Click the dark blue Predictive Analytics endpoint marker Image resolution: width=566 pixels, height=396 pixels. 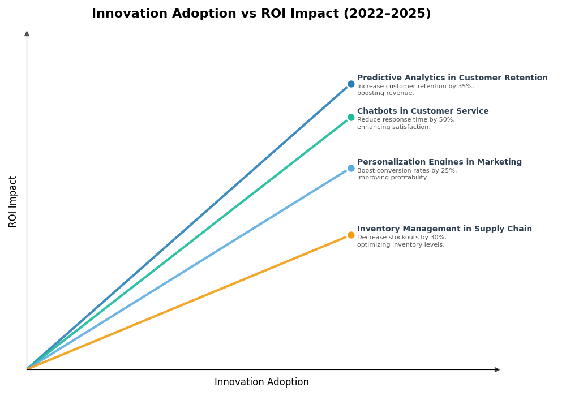pyautogui.click(x=351, y=84)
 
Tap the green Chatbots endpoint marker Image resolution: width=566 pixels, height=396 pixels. pyautogui.click(x=351, y=118)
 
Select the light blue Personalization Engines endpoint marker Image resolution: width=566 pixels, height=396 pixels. pyautogui.click(x=351, y=168)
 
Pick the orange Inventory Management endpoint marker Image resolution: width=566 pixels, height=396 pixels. pyautogui.click(x=351, y=235)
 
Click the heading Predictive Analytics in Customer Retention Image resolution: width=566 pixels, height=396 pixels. pyautogui.click(x=452, y=78)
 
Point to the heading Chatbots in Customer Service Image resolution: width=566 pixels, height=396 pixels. pyautogui.click(x=422, y=111)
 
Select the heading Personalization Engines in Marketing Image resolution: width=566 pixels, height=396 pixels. pyautogui.click(x=439, y=162)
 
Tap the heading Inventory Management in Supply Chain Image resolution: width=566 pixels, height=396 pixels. pyautogui.click(x=444, y=229)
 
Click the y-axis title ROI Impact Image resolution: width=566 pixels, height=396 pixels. pyautogui.click(x=13, y=201)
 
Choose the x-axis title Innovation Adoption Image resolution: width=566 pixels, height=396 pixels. pyautogui.click(x=261, y=382)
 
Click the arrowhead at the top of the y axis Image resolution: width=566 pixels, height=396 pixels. pyautogui.click(x=27, y=34)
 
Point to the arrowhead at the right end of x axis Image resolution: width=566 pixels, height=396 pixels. pyautogui.click(x=497, y=369)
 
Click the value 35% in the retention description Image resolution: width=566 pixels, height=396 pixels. pyautogui.click(x=466, y=87)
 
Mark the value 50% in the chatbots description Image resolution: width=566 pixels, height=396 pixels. pyautogui.click(x=447, y=120)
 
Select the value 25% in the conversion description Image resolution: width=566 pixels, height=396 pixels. pyautogui.click(x=449, y=171)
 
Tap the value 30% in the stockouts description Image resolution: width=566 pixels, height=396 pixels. pyautogui.click(x=438, y=238)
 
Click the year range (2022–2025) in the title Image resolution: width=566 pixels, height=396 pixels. pyautogui.click(x=387, y=14)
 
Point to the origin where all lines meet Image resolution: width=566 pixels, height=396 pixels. pyautogui.click(x=27, y=369)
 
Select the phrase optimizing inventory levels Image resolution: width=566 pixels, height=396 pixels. pyautogui.click(x=401, y=244)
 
